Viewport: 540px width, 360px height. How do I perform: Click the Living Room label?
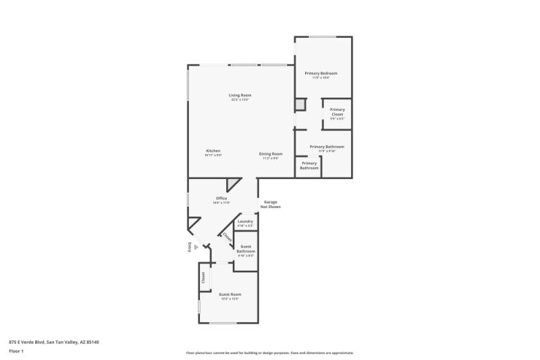click(240, 95)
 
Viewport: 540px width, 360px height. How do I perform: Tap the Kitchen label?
click(213, 151)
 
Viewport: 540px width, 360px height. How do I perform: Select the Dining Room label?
click(271, 154)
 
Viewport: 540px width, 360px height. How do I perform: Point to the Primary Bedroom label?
click(321, 73)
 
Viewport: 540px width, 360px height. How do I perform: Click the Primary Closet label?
click(337, 112)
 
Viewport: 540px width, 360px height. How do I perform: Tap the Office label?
click(221, 198)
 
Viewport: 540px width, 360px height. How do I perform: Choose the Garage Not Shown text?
click(271, 204)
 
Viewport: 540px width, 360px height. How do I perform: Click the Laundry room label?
click(245, 222)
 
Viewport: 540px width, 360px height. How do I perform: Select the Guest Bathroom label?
click(246, 249)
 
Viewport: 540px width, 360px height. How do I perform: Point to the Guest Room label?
click(230, 294)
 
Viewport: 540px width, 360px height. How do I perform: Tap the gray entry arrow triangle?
click(197, 247)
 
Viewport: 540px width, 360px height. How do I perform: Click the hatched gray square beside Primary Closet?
click(300, 105)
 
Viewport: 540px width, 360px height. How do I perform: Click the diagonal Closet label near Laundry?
click(227, 238)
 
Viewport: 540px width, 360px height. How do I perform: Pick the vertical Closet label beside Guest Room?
click(202, 278)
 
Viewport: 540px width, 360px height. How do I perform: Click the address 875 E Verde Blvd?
click(53, 342)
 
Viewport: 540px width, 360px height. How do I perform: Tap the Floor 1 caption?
click(16, 351)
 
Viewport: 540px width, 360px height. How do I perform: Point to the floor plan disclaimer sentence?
click(270, 353)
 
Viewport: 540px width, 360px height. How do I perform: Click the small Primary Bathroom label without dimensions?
click(309, 165)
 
